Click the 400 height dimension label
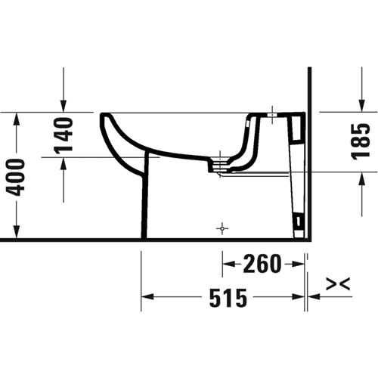16,177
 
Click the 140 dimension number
64,135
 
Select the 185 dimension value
361,141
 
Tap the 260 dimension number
262,264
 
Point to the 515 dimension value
228,299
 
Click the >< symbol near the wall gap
338,284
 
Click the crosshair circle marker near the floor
222,228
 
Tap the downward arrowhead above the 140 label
64,106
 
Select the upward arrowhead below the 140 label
64,164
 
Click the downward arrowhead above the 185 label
362,106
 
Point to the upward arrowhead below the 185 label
362,178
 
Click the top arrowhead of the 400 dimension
17,119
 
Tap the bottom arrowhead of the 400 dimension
17,232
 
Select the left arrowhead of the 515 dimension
147,296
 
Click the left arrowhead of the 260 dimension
228,264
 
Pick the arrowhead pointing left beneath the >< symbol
314,296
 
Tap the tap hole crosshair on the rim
272,115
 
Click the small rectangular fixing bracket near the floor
299,222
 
